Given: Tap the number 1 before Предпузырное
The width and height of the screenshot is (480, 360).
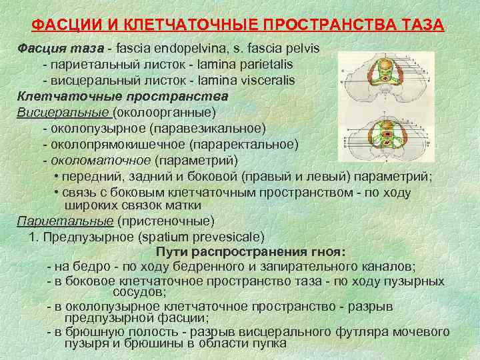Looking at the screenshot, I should point(32,237).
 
